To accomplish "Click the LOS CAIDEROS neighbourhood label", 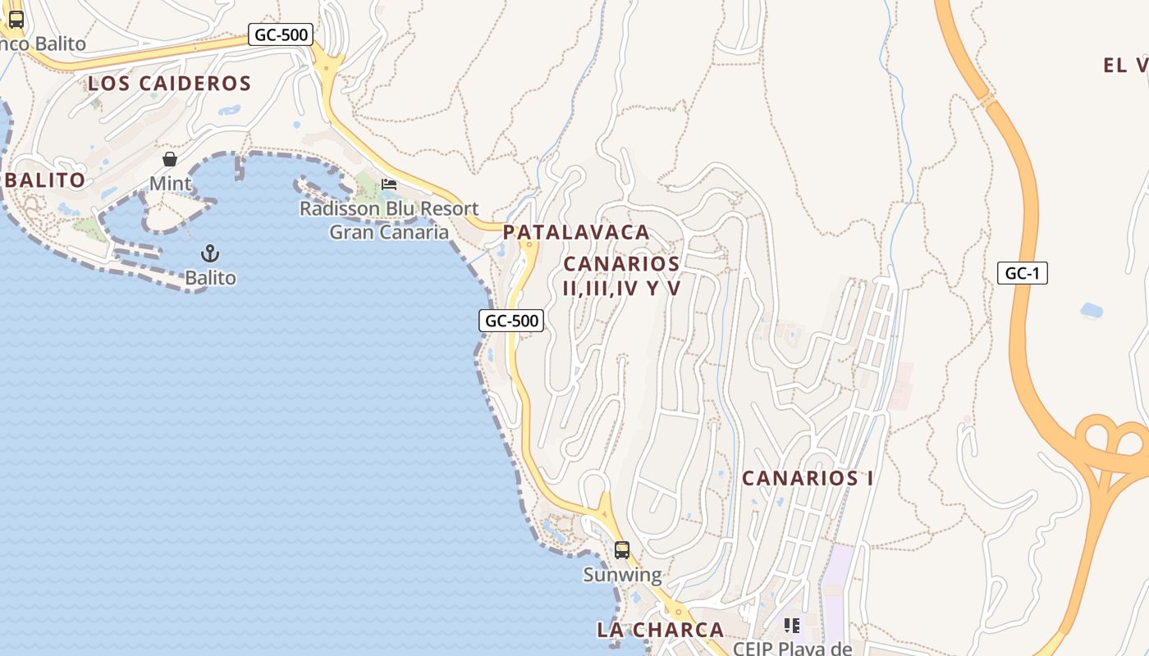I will pos(169,83).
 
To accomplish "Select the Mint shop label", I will pos(170,183).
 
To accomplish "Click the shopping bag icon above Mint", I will pos(170,159).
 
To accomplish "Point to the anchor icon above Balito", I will pos(210,253).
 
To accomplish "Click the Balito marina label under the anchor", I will pos(210,278).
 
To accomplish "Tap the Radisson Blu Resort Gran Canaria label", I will pos(388,220).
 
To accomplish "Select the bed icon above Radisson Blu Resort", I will pos(389,184).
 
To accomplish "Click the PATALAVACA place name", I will pos(576,232).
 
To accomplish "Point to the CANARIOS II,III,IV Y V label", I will pos(622,276).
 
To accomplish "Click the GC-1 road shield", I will pos(1023,273).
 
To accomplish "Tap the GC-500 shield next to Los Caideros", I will pos(281,34).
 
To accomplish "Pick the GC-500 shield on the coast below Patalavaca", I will pos(512,321).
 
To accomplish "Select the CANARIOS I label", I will pos(808,478).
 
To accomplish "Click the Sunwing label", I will pos(622,575).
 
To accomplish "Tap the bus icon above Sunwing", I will pos(622,550).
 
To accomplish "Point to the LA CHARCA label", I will pos(660,630).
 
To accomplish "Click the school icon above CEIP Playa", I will pos(792,626).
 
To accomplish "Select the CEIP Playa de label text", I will pos(792,649).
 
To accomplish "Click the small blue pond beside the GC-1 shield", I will pos(1092,310).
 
